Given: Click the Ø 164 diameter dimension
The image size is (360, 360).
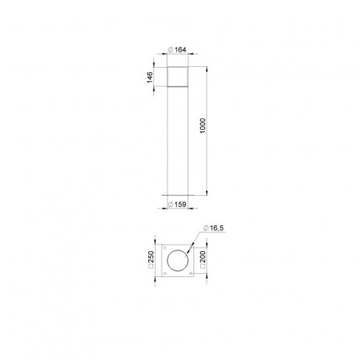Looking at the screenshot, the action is (177, 49).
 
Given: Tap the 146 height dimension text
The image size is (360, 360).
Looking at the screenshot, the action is (150, 77).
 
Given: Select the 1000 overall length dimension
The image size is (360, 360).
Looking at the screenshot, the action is (203, 126).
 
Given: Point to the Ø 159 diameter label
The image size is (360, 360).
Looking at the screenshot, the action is (177, 204).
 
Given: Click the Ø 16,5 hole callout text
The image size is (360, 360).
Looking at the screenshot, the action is (213, 228).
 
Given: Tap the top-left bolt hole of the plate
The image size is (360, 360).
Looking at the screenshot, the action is (164, 248).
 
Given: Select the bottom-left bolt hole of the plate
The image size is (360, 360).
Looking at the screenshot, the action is (164, 273).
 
